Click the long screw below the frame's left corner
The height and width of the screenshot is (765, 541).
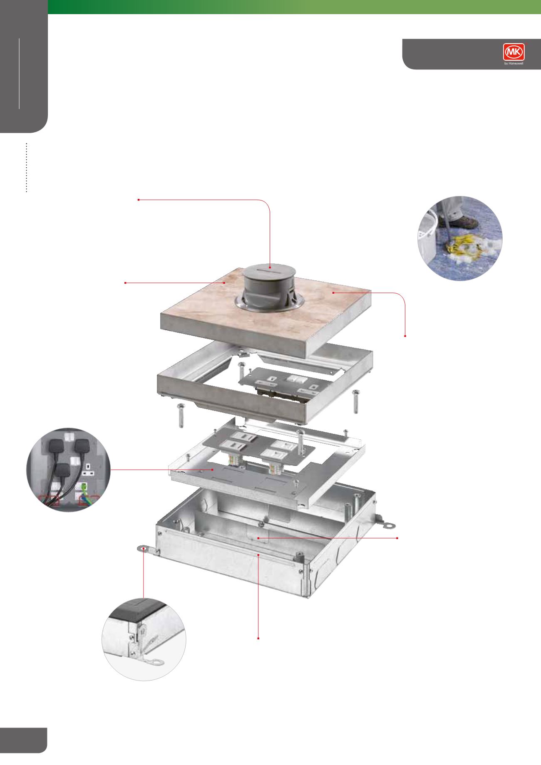181,415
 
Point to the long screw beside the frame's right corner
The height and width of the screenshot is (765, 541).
356,401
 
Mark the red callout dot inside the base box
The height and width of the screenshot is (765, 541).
258,538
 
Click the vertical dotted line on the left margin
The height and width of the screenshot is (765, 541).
26,168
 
